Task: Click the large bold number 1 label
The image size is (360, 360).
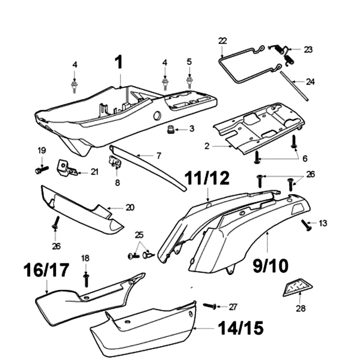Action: [x=119, y=62]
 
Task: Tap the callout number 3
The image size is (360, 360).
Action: [x=192, y=129]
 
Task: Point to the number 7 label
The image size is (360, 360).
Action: [x=158, y=156]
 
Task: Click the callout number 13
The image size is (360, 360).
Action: [x=324, y=223]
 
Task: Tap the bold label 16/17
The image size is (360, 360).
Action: [x=47, y=270]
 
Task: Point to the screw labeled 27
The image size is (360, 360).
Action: [x=210, y=306]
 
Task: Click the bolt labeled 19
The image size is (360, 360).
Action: [x=41, y=170]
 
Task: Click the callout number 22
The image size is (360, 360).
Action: [x=222, y=41]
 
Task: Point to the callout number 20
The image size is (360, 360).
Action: [x=130, y=208]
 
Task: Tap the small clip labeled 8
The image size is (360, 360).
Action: [x=116, y=164]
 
